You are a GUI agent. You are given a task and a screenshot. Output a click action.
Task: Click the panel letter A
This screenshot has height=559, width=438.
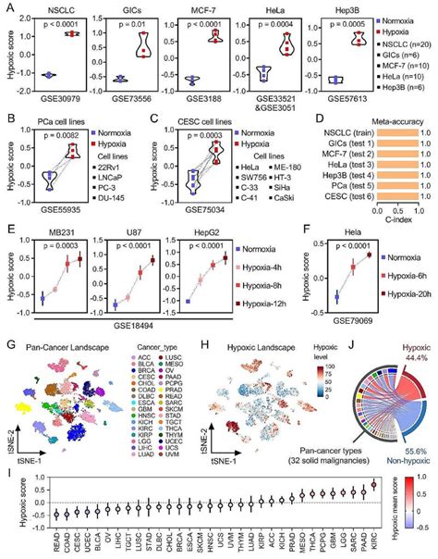click(8, 8)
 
